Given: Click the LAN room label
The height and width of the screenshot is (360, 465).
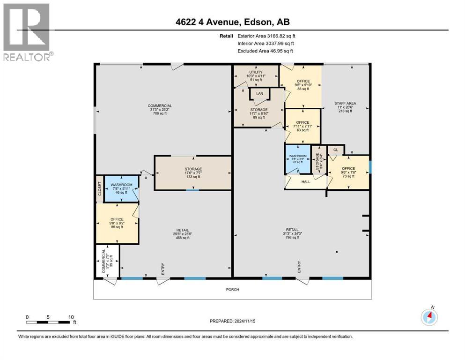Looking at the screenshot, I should (x=259, y=94).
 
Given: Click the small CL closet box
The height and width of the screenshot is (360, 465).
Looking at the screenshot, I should (x=335, y=150).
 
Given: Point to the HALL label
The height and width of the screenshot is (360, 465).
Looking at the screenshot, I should (x=305, y=181).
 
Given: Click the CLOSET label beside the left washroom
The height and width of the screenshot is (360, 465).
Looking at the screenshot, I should (x=99, y=189).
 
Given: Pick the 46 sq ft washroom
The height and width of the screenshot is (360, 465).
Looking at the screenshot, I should (x=121, y=188).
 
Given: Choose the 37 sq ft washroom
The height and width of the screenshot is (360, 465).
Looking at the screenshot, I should (x=298, y=159).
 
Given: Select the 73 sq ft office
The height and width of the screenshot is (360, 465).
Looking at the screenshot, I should (x=348, y=172).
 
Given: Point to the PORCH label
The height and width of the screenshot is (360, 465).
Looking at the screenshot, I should (x=232, y=289).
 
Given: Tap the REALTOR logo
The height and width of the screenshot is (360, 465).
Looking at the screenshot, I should (x=27, y=32).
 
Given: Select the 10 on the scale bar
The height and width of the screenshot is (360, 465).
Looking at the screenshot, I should (x=71, y=317).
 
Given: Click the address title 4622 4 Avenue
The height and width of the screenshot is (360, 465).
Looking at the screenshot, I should (x=232, y=22).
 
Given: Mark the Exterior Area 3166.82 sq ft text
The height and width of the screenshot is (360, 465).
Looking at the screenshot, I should (x=266, y=36).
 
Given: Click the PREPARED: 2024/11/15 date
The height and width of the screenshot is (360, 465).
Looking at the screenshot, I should (x=233, y=321).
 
